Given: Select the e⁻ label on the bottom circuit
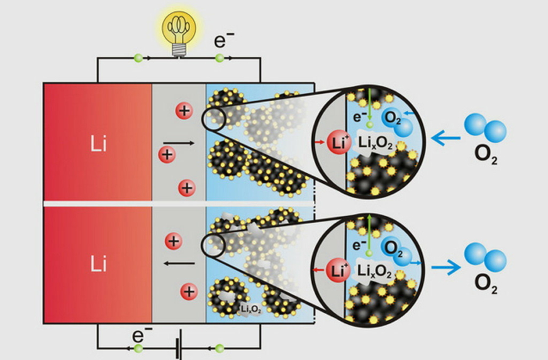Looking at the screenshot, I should [139, 335].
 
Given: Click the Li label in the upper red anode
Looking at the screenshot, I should [98, 146].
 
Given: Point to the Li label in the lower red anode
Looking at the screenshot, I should [98, 264].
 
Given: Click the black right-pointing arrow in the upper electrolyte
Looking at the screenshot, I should [179, 143].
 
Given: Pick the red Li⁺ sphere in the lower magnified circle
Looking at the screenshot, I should [337, 271].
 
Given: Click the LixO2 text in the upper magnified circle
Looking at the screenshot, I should [377, 147].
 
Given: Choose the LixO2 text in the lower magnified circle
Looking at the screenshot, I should [377, 271].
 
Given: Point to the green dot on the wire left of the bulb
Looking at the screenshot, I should [138, 59].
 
